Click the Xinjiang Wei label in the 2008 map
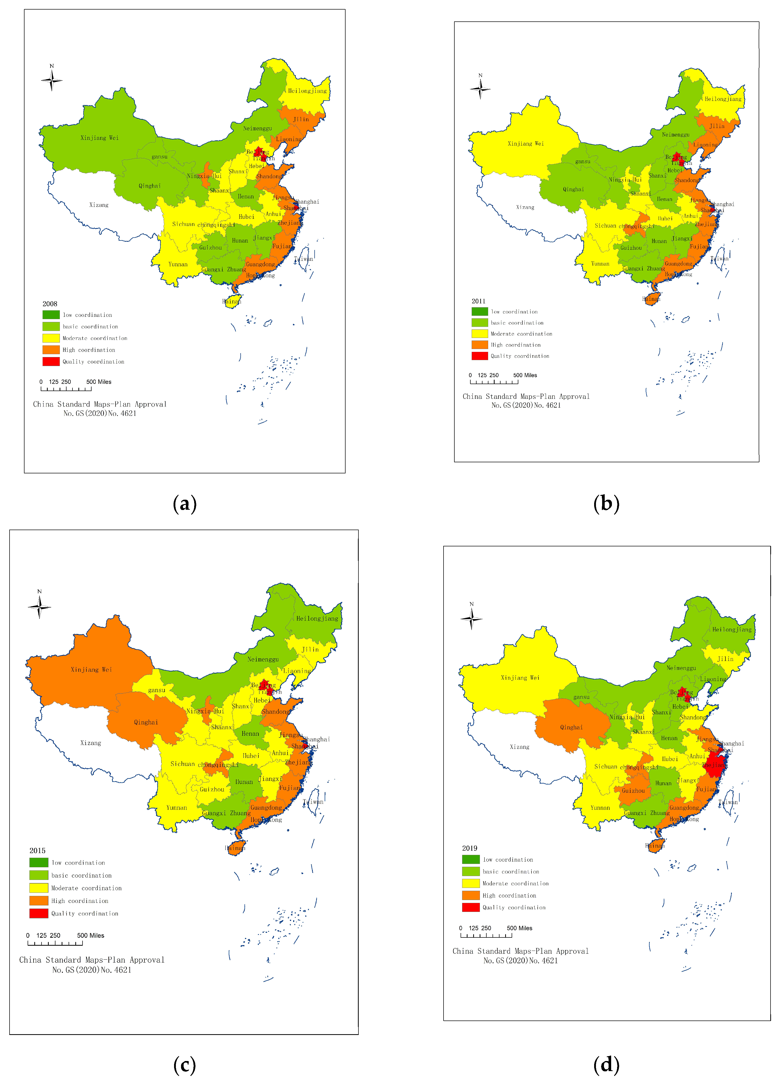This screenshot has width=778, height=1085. click(100, 138)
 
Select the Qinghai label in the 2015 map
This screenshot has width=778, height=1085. click(146, 722)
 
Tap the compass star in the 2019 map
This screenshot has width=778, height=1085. click(471, 619)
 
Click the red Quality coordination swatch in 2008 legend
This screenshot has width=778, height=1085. click(51, 362)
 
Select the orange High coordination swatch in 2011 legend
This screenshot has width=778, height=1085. click(480, 345)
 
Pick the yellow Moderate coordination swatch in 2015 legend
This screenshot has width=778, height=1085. click(39, 888)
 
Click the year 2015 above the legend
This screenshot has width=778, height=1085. click(37, 851)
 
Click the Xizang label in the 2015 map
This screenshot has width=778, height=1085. click(91, 743)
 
